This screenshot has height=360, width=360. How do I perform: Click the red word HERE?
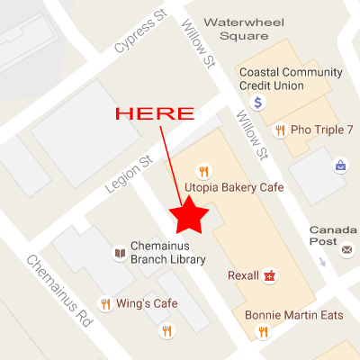tap(156, 114)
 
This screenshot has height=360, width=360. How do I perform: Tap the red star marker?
tap(191, 216)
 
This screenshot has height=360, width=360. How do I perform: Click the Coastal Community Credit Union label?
tap(290, 79)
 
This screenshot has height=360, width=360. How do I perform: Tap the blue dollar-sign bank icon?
tap(258, 103)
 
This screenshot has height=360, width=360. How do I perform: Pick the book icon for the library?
tap(119, 253)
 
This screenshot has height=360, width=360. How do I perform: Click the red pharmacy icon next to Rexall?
tap(268, 275)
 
